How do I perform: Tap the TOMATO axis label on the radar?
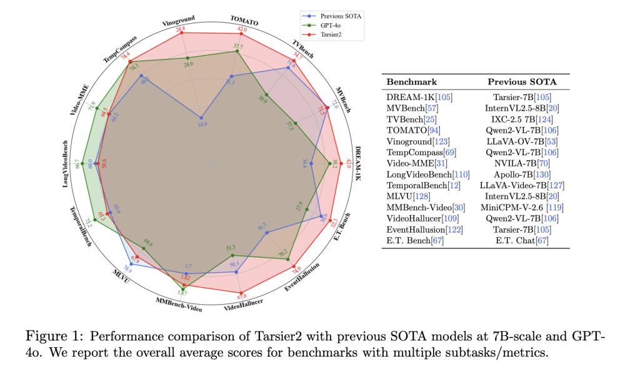[244, 22]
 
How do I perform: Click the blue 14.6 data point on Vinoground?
[201, 118]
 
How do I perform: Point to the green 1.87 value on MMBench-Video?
[182, 293]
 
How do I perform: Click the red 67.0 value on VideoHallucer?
[242, 295]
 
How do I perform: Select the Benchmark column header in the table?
[412, 82]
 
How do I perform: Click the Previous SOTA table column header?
[522, 82]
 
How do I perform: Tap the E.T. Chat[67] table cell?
[522, 241]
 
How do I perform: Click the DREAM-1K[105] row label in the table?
[419, 97]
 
